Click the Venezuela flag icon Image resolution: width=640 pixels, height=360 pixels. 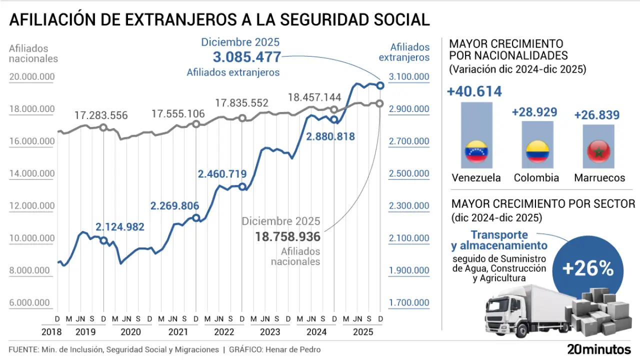(x=476, y=152)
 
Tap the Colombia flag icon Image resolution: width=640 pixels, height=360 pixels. (x=537, y=152)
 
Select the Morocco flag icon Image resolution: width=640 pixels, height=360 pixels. (x=598, y=152)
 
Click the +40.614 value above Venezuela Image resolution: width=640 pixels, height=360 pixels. (x=474, y=91)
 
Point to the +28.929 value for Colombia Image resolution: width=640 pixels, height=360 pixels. (x=534, y=112)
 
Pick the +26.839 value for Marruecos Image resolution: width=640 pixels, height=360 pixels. (x=596, y=115)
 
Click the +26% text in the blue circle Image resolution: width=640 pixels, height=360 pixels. (x=587, y=269)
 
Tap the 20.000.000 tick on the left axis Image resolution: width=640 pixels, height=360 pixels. (x=31, y=76)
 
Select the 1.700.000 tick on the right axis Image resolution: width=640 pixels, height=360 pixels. (x=408, y=302)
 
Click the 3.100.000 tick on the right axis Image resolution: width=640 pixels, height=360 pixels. (x=408, y=76)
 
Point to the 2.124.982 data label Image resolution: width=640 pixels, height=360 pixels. (x=119, y=227)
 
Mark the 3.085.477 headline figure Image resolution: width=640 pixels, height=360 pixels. (x=241, y=56)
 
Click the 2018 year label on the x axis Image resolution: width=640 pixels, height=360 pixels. (x=51, y=332)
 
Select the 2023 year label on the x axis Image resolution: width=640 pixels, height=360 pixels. (x=270, y=332)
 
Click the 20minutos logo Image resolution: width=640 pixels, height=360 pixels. (x=599, y=349)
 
